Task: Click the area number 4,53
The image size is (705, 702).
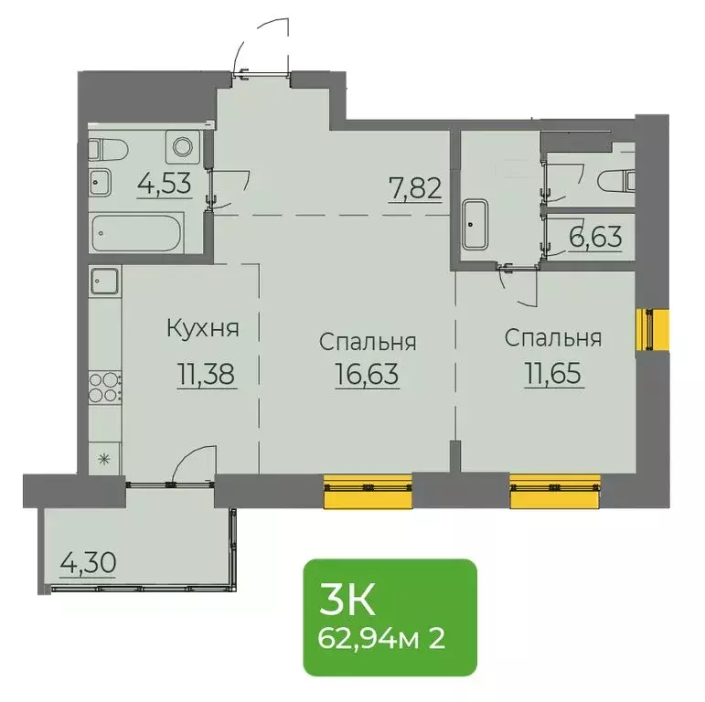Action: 164,185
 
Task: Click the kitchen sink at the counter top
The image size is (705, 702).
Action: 105,282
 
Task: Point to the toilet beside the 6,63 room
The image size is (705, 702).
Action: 614,180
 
